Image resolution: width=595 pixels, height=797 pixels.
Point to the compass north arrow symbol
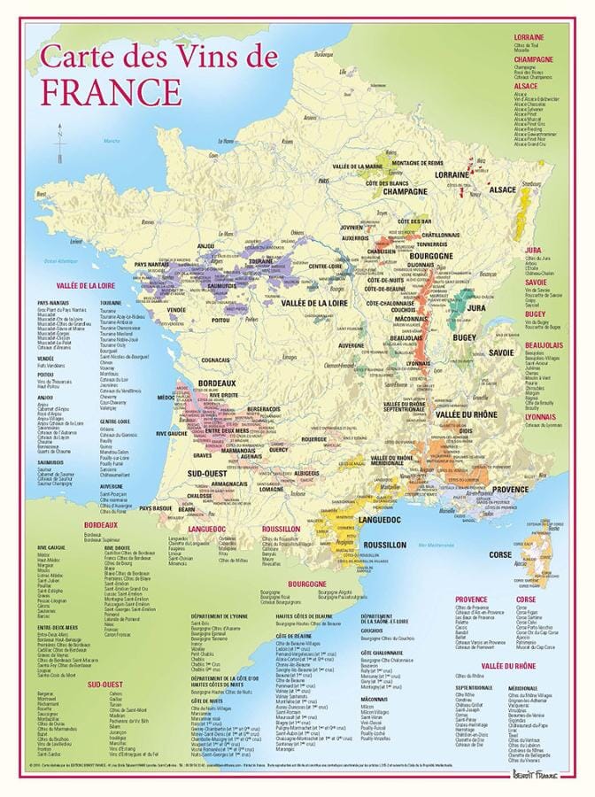60,142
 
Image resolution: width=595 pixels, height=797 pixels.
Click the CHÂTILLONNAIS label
442,235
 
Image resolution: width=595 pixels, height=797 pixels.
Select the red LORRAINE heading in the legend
529,36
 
